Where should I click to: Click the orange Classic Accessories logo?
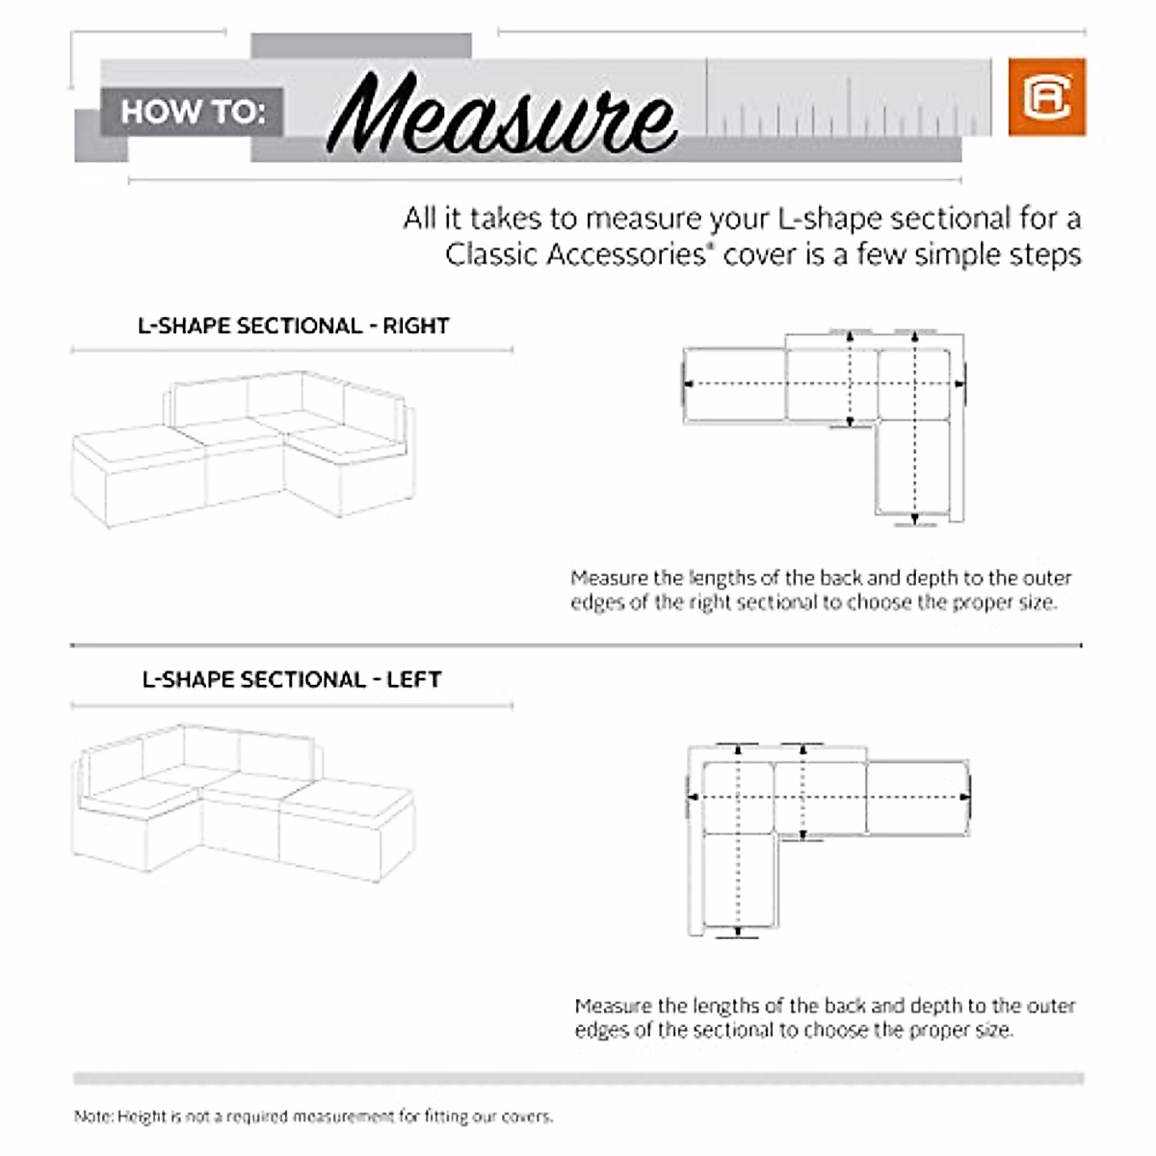point(1046,96)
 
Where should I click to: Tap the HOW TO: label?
point(192,112)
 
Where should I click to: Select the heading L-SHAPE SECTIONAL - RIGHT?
point(293,326)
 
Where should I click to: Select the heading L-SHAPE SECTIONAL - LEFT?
point(291,679)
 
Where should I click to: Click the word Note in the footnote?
point(92,1117)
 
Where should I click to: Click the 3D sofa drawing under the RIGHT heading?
point(246,448)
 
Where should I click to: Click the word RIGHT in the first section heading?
point(416,326)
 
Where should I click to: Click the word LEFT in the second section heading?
point(413,679)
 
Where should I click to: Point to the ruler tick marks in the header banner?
point(848,111)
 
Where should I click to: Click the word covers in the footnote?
point(525,1117)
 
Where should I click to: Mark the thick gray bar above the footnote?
point(578,1078)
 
